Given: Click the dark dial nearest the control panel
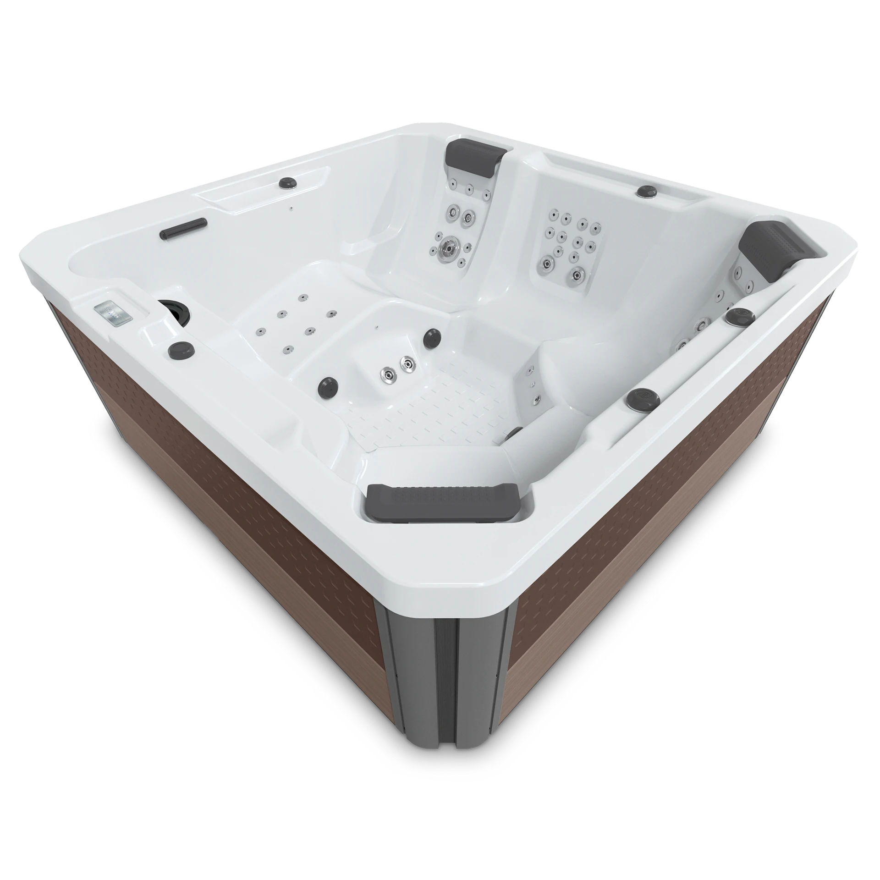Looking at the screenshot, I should [182, 350].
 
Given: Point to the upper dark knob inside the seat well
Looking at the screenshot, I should [431, 337].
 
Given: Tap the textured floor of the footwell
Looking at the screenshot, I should [435, 408].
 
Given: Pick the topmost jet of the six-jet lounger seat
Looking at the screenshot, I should [302, 298].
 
